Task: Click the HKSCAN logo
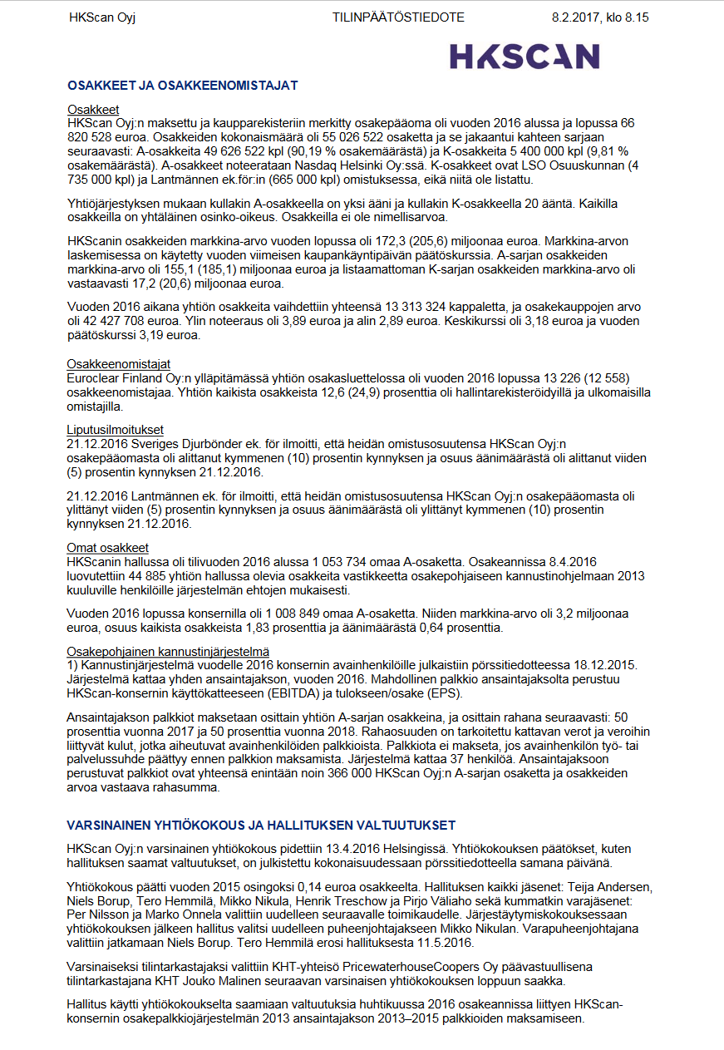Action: (525, 56)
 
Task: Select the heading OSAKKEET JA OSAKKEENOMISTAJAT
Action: (182, 85)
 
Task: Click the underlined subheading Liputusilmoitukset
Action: (116, 430)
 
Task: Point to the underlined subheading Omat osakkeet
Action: (108, 548)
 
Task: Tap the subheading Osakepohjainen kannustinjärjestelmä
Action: (168, 651)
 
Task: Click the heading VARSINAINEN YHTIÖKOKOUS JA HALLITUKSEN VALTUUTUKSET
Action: (261, 825)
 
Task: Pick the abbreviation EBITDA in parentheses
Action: (286, 693)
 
